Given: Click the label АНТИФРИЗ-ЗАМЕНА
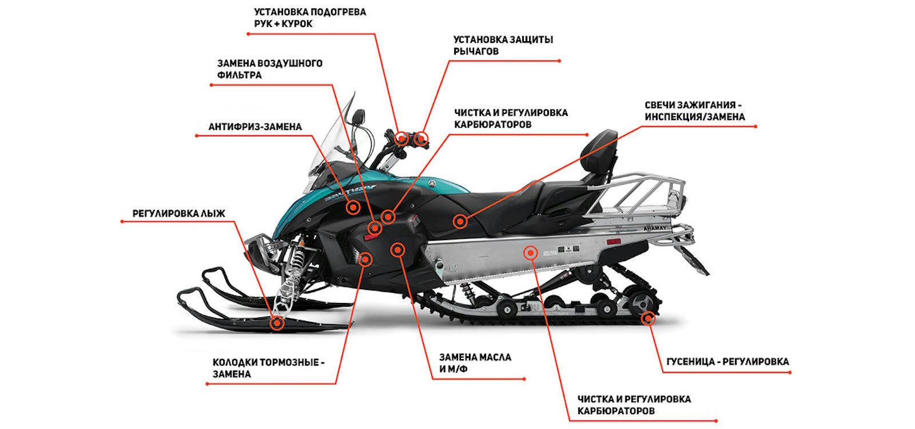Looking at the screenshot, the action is pos(255,127).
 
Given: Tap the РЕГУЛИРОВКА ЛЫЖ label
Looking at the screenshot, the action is pos(178,214).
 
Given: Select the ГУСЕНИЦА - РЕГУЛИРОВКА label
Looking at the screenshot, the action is pos(727,361).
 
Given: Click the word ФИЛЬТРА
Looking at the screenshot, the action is pos(240,75).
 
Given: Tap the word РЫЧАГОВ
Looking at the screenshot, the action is pos(476,52).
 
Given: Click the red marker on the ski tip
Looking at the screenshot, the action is pos(277,323).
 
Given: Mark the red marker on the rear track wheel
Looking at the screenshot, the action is pos(648,318).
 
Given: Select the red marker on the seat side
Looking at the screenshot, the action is pos(460,222).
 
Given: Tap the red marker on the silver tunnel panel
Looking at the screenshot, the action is pos(531,253).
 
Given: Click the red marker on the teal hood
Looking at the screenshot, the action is pos(353,207).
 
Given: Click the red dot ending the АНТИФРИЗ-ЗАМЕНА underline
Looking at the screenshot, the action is pos(197,135).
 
